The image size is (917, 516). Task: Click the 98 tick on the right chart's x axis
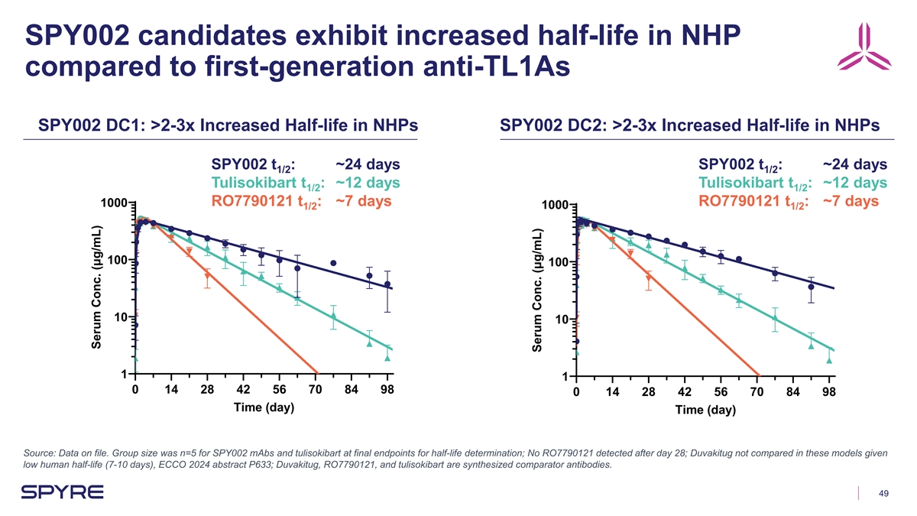point(829,392)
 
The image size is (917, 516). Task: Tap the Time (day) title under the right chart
point(705,410)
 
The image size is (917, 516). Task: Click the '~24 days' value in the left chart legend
point(368,164)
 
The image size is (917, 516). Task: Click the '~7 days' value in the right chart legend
point(851,202)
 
